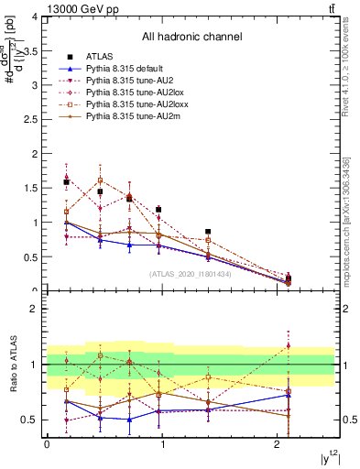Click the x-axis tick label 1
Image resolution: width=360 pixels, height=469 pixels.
click(x=162, y=444)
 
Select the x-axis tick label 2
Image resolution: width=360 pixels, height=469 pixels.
click(x=278, y=444)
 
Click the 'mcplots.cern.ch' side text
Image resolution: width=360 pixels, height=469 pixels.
click(x=346, y=220)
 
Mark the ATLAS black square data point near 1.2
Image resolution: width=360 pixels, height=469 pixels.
click(x=158, y=210)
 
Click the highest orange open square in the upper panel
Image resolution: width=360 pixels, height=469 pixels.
click(x=100, y=180)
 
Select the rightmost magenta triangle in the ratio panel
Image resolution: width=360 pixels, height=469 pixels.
click(x=289, y=345)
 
